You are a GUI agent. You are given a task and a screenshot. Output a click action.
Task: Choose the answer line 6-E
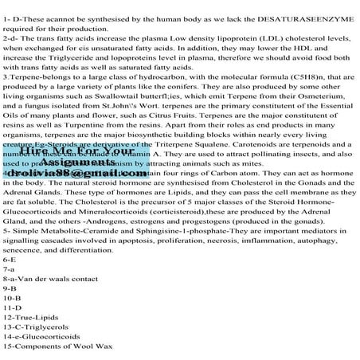point(10,284)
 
